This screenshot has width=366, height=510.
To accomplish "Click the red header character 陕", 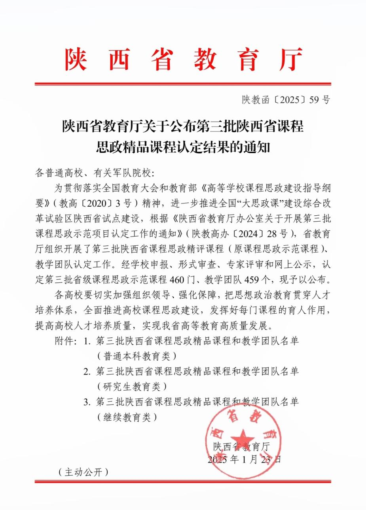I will pos(76,59).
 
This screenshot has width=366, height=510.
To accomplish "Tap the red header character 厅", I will pos(290,59).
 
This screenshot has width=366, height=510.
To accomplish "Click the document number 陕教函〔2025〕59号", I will pos(286,100).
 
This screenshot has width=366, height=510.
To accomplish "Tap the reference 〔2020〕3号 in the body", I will pos(102,203).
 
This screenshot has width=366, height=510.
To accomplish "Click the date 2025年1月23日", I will pos(245,459).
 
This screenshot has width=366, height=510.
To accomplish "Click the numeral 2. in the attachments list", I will pos(87,372).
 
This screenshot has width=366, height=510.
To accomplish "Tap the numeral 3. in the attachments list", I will pos(87,402).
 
